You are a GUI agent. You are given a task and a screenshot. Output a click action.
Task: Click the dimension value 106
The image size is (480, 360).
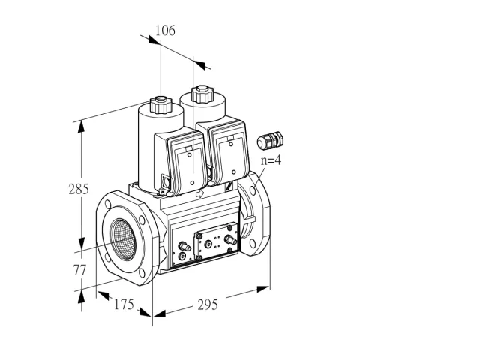[x=165, y=31]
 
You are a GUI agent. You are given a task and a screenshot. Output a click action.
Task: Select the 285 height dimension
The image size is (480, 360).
[x=79, y=189]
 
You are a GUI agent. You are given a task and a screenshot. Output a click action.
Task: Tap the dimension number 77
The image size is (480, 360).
[x=79, y=270]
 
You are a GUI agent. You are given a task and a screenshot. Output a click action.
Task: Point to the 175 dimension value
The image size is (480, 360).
[x=124, y=304]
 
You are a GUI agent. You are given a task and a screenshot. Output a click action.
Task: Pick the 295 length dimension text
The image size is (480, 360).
[x=208, y=304]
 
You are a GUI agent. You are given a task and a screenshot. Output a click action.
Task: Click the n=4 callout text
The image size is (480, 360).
[x=271, y=160]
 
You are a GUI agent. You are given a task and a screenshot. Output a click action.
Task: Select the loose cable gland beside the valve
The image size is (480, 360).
[x=270, y=141]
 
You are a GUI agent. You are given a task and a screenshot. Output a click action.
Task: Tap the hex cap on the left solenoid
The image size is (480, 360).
[x=160, y=104]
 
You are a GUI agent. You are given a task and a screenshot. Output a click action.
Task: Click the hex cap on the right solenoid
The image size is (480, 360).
[x=202, y=94]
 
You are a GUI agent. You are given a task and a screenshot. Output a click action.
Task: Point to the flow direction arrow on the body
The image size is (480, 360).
[x=199, y=193]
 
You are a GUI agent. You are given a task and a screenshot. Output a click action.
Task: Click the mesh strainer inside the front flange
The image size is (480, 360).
[x=123, y=239]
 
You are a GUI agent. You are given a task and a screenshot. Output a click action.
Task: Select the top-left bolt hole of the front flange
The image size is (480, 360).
[x=108, y=204]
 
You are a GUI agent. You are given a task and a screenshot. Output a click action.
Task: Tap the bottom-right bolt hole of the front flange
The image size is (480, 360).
[x=141, y=273]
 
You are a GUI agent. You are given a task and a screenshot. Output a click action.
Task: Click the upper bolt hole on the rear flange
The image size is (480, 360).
[x=253, y=190]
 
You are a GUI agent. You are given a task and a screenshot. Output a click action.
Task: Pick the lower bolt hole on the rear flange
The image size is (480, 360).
[x=252, y=244]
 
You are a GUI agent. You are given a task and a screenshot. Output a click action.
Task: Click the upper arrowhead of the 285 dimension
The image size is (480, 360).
[x=81, y=127]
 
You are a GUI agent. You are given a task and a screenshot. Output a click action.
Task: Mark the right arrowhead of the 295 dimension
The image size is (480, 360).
[x=263, y=289]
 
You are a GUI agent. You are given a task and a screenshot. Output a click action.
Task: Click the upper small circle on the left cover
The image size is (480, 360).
[x=190, y=155]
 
